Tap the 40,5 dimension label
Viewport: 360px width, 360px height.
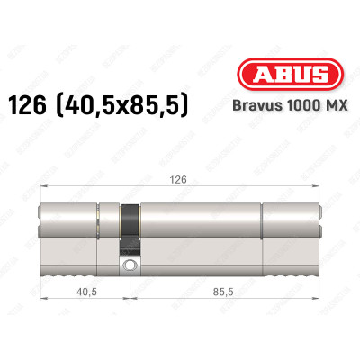click(86, 291)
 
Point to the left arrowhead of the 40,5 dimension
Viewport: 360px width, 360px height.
click(42, 301)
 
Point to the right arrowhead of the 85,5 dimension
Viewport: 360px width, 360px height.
click(319, 301)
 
